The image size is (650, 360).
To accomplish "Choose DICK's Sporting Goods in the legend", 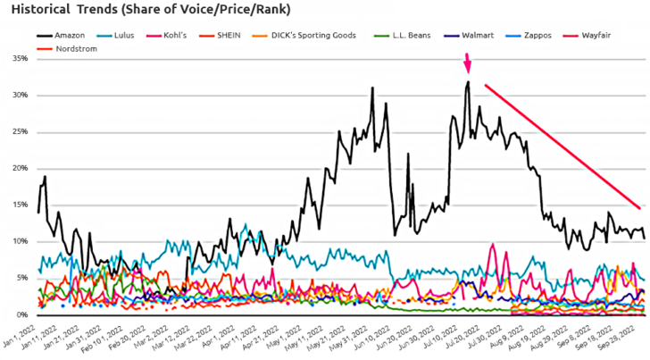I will (320, 35).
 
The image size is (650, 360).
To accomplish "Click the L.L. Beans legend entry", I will (418, 35).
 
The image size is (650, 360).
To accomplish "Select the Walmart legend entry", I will (479, 35).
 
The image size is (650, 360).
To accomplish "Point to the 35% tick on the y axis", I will (17, 59).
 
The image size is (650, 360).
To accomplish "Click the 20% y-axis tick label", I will (17, 168).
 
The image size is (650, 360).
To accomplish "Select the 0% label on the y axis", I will (20, 314).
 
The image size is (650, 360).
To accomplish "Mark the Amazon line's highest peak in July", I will (468, 82).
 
